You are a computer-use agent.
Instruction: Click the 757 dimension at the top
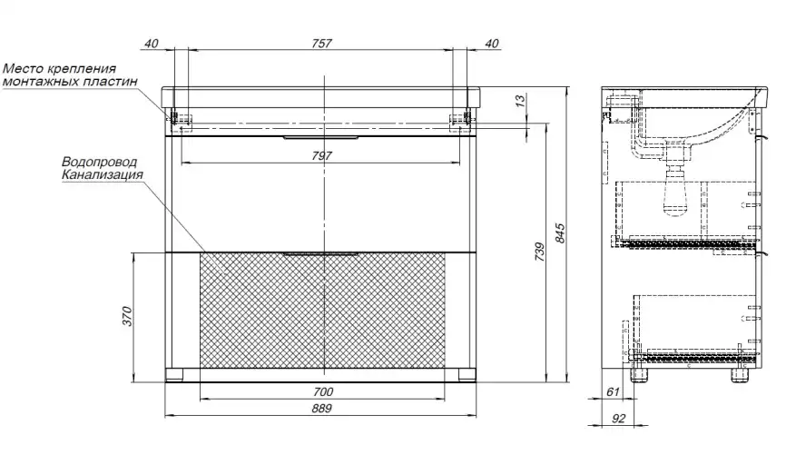point(321,44)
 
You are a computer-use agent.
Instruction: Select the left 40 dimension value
point(151,44)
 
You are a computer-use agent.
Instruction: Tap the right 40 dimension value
point(492,44)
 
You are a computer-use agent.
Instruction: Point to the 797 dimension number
point(321,156)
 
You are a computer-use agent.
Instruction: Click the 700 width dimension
point(322,391)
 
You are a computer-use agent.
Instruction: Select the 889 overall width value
point(321,409)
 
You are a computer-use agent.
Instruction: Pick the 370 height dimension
point(127,316)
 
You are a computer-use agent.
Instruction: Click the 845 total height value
point(560,233)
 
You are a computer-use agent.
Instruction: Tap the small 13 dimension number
point(521,100)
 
